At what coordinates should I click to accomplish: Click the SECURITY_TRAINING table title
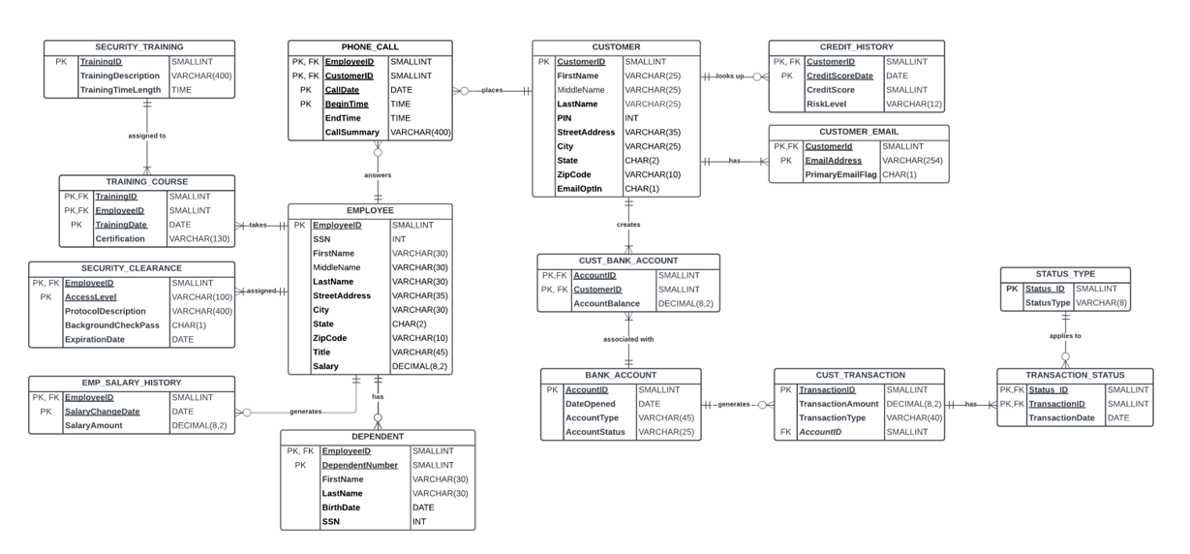[139, 46]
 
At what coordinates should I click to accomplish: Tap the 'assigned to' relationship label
[147, 136]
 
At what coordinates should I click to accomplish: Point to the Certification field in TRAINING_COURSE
[120, 238]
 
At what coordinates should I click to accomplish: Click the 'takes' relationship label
[258, 225]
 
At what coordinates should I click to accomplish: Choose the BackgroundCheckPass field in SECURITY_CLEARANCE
[112, 325]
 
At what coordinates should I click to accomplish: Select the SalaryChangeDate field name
[103, 412]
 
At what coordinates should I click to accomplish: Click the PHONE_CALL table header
[370, 46]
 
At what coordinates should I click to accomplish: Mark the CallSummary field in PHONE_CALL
[353, 132]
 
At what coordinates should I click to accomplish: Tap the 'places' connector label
[493, 91]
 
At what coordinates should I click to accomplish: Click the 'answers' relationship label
[378, 175]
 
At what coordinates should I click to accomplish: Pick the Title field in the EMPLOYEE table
[321, 353]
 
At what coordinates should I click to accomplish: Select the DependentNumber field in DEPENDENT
[359, 465]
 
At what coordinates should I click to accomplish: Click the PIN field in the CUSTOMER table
[564, 118]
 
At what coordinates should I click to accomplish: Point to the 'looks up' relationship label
[730, 76]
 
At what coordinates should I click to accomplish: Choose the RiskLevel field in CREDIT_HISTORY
[826, 105]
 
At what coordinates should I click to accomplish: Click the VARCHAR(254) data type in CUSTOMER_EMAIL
[912, 161]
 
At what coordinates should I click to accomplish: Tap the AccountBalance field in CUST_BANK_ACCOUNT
[607, 303]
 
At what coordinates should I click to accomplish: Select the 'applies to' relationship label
[1065, 336]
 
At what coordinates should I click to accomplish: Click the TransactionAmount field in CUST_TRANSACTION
[838, 404]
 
